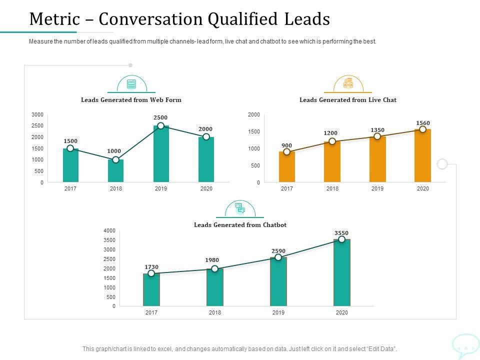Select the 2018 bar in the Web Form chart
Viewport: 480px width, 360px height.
(115, 171)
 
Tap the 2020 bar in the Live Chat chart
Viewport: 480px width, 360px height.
(422, 155)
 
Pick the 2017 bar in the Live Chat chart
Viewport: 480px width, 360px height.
(287, 167)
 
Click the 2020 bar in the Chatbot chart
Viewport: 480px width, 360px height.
(341, 272)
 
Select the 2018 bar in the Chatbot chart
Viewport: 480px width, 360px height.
(215, 287)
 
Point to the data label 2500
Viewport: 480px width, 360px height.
(160, 117)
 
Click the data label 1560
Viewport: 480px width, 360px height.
(423, 123)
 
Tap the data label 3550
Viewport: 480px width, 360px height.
(341, 233)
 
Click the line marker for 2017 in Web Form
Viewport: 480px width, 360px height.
(70, 148)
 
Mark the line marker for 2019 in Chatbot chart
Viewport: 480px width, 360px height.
(278, 257)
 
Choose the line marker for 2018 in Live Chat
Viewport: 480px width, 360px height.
(332, 141)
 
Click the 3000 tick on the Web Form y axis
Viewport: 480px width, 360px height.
(37, 114)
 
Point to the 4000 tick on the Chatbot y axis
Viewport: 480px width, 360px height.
(109, 230)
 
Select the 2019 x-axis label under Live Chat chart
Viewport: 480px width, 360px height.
(377, 188)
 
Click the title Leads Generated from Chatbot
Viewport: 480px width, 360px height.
(240, 225)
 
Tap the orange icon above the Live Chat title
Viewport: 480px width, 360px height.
(348, 83)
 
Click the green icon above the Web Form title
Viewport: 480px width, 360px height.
(131, 84)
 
